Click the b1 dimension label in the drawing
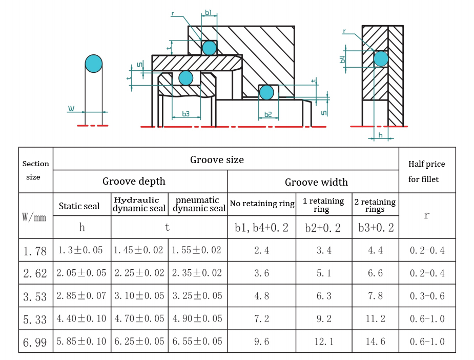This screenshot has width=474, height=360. [208, 12]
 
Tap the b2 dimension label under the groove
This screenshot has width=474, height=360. [268, 114]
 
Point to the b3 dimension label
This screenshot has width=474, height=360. [186, 114]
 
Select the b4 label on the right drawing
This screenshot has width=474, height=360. [342, 59]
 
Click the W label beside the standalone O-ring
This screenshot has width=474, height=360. [71, 109]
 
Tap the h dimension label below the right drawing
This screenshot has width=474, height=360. [380, 135]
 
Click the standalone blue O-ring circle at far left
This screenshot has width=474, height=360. [94, 64]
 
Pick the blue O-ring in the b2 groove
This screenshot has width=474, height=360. [266, 93]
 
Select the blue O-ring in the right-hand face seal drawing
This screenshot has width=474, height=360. [381, 58]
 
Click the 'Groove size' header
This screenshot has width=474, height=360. [217, 159]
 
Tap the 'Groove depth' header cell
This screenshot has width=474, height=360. [134, 181]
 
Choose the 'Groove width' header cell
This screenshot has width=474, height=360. [316, 182]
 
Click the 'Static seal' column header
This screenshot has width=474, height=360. [79, 206]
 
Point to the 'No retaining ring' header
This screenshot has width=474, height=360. [262, 204]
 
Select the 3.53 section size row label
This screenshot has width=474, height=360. [35, 296]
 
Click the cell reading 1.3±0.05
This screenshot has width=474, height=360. [80, 250]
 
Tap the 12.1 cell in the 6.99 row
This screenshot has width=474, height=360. [324, 342]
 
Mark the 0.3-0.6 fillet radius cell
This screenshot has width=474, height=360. [427, 296]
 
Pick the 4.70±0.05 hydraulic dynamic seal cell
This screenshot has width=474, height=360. [139, 318]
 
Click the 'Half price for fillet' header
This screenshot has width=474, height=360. [426, 171]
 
